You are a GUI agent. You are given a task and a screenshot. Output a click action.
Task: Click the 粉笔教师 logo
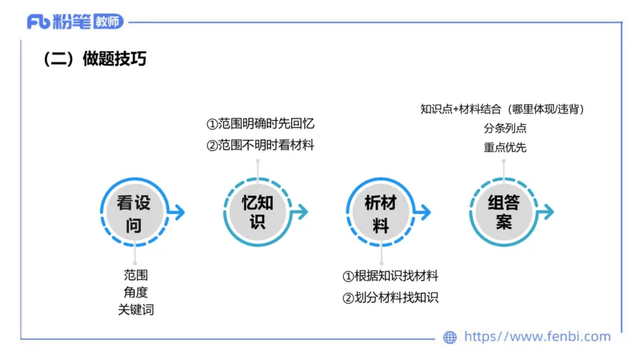click(75, 22)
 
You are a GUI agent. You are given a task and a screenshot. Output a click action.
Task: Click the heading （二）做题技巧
click(94, 60)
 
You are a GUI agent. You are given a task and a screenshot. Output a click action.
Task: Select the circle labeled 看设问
click(134, 212)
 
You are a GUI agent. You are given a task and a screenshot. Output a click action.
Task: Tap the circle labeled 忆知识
click(258, 212)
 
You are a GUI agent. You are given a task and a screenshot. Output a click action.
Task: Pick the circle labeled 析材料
click(381, 212)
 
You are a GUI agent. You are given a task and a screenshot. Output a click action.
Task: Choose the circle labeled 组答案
click(503, 212)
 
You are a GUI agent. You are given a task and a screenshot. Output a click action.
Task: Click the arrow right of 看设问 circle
click(177, 212)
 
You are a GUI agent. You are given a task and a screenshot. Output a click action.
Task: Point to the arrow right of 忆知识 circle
click(300, 212)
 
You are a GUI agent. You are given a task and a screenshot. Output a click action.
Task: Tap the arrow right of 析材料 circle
click(423, 212)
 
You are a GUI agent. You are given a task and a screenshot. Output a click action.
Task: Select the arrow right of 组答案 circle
click(546, 212)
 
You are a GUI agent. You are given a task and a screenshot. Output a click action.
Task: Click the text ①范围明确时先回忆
click(261, 125)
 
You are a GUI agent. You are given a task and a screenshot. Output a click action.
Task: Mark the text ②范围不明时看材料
click(261, 146)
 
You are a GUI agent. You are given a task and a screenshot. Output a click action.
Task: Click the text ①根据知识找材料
click(390, 277)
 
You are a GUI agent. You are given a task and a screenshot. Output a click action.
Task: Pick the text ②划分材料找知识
click(390, 298)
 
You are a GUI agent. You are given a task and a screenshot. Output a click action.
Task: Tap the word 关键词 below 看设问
click(135, 310)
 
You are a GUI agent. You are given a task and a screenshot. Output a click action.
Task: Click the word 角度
click(135, 292)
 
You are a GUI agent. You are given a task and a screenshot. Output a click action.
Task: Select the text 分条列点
click(505, 128)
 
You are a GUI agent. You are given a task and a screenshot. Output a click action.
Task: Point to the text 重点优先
click(505, 147)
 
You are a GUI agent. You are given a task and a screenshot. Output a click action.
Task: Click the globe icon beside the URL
click(450, 338)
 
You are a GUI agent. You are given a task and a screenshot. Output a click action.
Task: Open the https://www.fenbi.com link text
click(537, 337)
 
